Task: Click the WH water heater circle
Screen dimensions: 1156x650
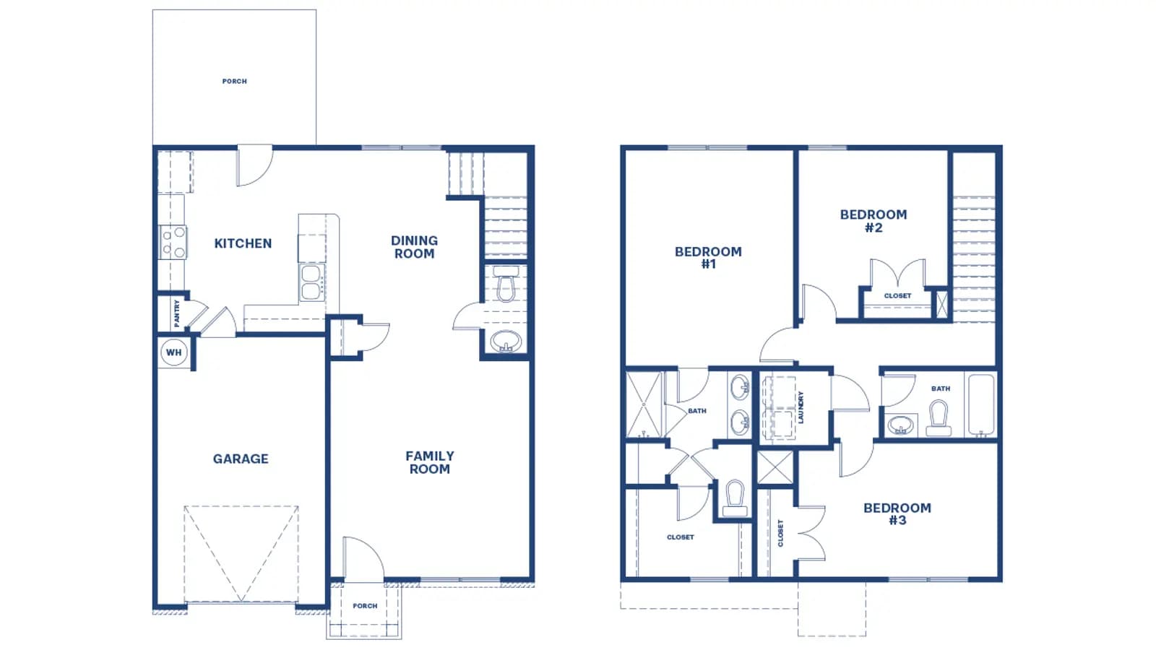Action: click(x=174, y=353)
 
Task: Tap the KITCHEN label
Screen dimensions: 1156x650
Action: click(x=243, y=243)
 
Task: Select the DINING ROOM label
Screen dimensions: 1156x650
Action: click(x=415, y=247)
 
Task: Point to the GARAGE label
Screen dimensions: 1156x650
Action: click(x=241, y=459)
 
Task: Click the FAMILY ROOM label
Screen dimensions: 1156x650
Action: click(x=430, y=463)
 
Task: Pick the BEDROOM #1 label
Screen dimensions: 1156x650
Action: click(x=709, y=258)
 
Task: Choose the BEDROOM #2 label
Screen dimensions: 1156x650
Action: click(x=874, y=221)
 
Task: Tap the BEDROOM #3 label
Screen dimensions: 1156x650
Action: click(x=897, y=514)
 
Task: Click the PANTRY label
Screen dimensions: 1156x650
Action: click(x=177, y=313)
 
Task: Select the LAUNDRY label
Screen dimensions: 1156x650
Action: click(x=801, y=407)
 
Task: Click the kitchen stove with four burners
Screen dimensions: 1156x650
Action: click(x=173, y=243)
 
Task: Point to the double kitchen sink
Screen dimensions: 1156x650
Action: click(x=312, y=282)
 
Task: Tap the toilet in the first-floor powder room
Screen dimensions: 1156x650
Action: click(x=506, y=285)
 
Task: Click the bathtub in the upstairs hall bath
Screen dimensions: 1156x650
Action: click(x=981, y=405)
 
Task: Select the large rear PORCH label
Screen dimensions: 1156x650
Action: click(x=235, y=82)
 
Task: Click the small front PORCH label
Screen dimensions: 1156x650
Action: click(x=365, y=606)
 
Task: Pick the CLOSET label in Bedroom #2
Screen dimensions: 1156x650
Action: click(x=897, y=296)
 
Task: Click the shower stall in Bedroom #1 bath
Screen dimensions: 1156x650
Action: click(x=644, y=405)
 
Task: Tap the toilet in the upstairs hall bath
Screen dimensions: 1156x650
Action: click(x=939, y=418)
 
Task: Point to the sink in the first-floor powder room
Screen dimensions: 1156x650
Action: click(x=506, y=342)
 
